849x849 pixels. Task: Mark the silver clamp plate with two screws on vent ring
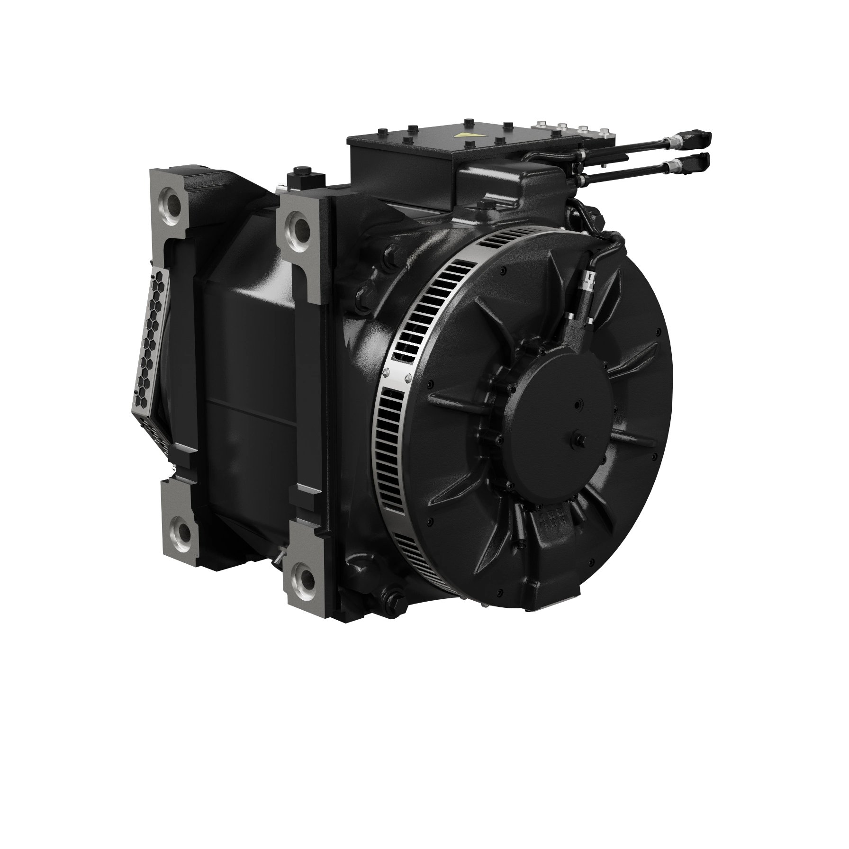[x=397, y=374]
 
